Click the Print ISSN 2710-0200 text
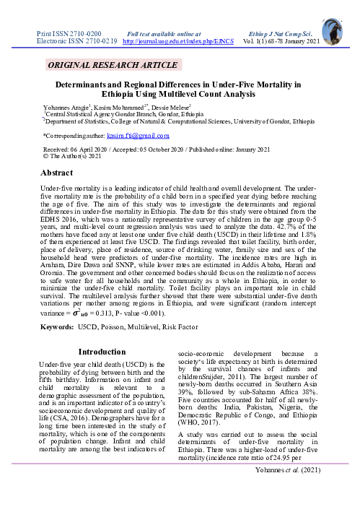pos(68,34)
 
